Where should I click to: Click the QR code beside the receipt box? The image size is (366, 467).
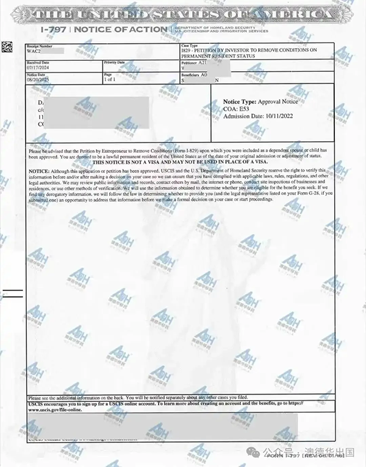click(7, 46)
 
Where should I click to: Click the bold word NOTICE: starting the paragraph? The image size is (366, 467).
click(38, 171)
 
